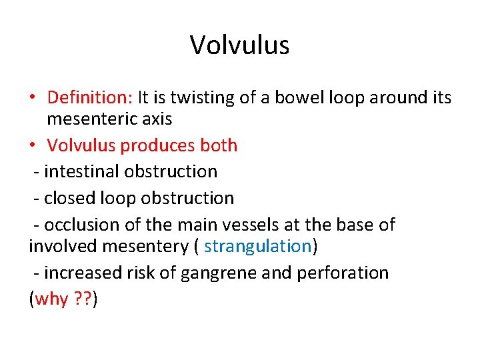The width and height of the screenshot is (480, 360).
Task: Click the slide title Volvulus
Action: (x=239, y=45)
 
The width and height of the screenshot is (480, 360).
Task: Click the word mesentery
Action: (x=147, y=246)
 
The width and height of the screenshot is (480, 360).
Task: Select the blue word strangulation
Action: (x=258, y=246)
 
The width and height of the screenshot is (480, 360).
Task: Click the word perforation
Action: (x=347, y=273)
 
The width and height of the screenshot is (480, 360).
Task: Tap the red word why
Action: (x=51, y=299)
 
